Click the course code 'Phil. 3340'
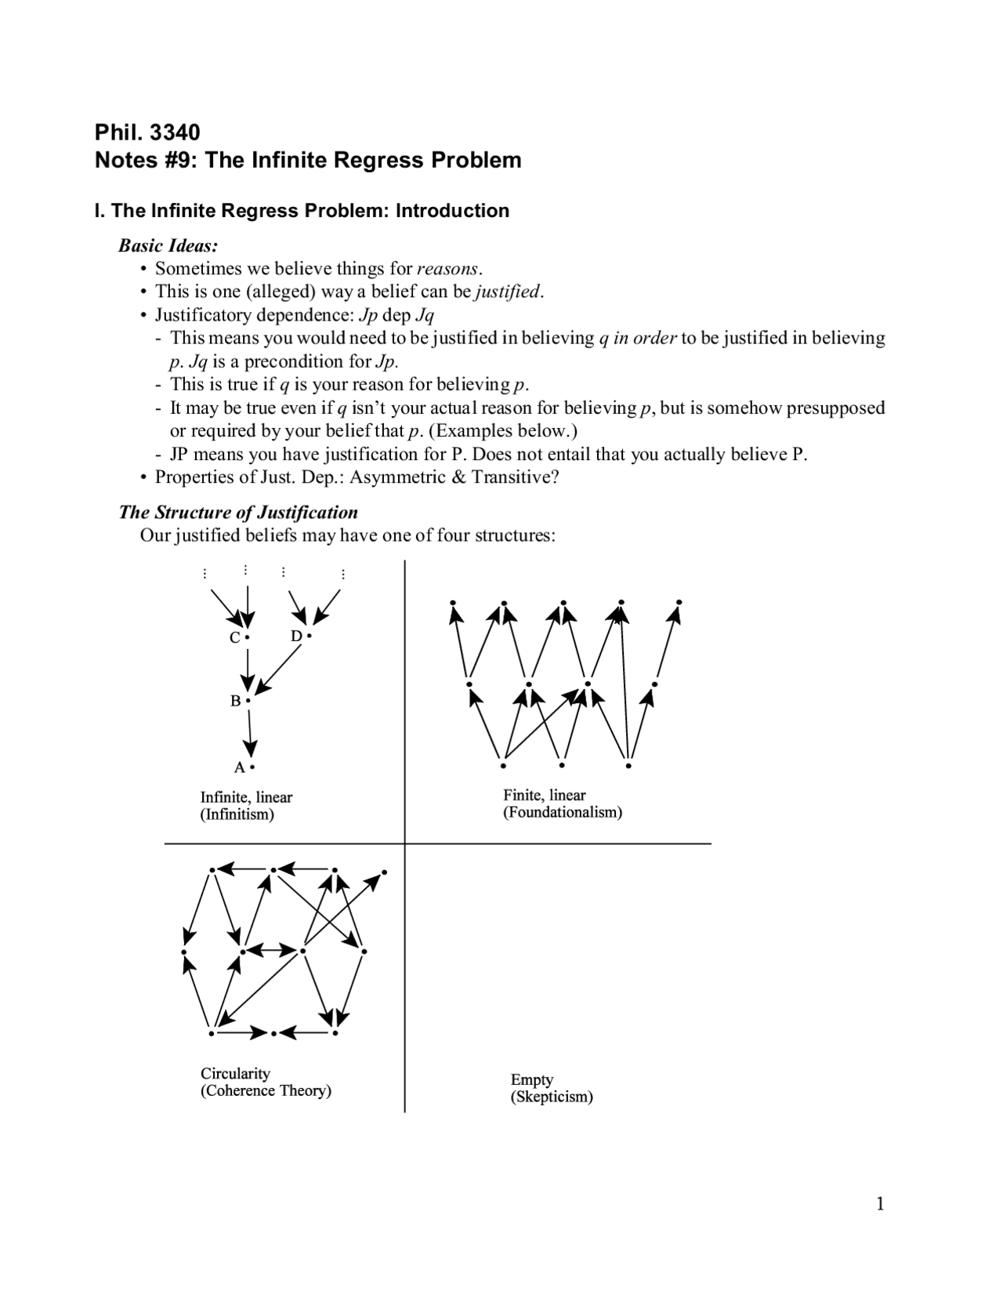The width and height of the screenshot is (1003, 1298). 147,131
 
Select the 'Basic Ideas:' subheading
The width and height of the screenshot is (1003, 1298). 168,245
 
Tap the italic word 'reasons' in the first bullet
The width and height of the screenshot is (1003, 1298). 447,269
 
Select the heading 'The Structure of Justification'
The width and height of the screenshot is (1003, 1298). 238,512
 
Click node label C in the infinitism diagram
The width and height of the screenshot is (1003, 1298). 234,638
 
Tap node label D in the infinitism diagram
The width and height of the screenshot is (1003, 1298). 296,636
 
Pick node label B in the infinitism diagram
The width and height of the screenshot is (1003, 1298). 235,702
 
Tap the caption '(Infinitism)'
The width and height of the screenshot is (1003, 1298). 237,814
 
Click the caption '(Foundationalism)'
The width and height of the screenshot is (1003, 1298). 562,812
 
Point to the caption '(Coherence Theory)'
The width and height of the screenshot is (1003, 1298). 266,1090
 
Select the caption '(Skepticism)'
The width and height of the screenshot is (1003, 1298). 551,1097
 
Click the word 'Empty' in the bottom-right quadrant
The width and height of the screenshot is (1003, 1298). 531,1079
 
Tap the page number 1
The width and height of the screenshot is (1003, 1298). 880,1204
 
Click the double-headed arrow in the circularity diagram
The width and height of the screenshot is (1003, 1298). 272,950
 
